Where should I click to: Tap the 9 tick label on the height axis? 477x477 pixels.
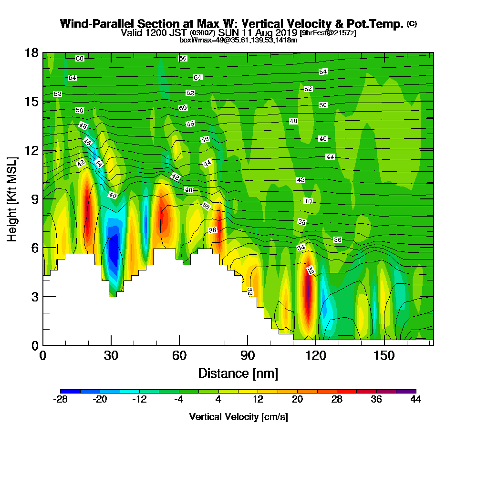tap(35, 199)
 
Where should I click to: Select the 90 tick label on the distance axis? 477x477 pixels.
tap(248, 356)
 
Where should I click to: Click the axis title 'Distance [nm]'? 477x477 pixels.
tap(238, 373)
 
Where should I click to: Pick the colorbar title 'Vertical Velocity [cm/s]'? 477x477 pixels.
tap(238, 417)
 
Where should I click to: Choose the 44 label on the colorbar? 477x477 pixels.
tap(415, 400)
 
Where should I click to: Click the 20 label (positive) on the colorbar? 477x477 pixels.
tap(297, 400)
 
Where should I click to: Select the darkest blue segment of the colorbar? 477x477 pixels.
tap(71, 391)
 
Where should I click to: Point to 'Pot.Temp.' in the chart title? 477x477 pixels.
tap(380, 23)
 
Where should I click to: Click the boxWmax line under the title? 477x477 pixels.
tap(238, 40)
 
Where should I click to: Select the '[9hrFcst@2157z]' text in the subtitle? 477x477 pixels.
tap(328, 33)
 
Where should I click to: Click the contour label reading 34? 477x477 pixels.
tap(301, 248)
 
